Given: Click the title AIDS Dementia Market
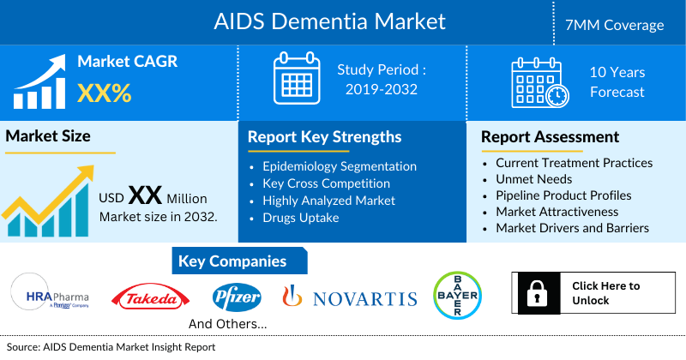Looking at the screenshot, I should coord(330,21).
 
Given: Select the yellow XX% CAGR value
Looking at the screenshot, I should coord(105,93).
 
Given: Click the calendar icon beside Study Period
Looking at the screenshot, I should coord(296,76).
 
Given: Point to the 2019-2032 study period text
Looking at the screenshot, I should coord(382,88).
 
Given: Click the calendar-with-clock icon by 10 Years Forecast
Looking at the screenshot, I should coord(539,82).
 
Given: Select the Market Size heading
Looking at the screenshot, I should coord(48,135).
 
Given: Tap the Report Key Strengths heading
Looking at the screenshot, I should coord(324,137).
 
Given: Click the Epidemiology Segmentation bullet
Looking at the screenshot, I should coord(340,166).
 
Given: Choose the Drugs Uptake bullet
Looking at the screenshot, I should coord(302,218).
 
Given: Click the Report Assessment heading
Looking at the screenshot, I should coord(550,137).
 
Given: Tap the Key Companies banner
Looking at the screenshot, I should coord(232,261).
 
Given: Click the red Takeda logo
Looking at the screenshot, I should coord(151,298).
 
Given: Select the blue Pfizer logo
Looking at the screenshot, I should coord(236,297).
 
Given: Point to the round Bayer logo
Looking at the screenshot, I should coord(457,296).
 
